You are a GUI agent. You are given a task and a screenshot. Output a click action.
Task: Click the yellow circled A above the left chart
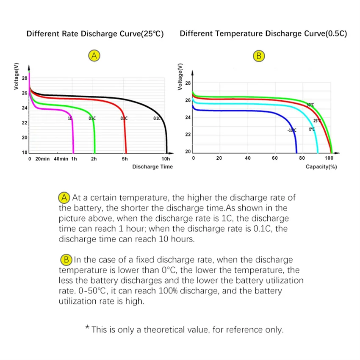[94, 55]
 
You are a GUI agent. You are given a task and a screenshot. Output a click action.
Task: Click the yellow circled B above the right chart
[258, 56]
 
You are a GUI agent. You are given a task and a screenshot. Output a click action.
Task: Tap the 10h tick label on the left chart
[166, 159]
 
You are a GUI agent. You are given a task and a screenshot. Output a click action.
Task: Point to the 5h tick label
[125, 159]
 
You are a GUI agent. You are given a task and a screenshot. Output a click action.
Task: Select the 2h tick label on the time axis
[94, 159]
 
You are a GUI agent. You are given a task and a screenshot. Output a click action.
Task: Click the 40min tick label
[61, 159]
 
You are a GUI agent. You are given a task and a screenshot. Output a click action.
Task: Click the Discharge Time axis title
[152, 166]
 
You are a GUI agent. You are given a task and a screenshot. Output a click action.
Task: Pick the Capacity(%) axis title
[321, 166]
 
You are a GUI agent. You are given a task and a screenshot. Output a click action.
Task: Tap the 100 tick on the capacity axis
[329, 158]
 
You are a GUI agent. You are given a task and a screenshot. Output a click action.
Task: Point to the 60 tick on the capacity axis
[275, 158]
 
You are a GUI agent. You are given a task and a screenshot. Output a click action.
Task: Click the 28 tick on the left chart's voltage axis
[25, 78]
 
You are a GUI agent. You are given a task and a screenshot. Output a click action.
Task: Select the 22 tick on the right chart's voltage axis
[188, 134]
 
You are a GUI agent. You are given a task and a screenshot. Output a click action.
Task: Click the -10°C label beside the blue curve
[292, 130]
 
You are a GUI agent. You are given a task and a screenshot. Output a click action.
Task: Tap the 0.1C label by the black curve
[157, 119]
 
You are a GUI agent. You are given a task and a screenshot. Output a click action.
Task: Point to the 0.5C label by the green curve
[92, 119]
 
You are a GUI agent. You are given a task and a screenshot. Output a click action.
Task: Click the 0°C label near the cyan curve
[312, 129]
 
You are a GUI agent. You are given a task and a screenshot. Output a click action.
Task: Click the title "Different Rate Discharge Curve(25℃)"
[95, 34]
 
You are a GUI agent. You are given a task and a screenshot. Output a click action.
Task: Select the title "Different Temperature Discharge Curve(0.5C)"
[263, 34]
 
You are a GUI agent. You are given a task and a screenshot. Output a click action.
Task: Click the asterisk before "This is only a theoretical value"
[88, 328]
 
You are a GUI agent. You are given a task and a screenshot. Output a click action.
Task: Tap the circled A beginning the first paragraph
[64, 197]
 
